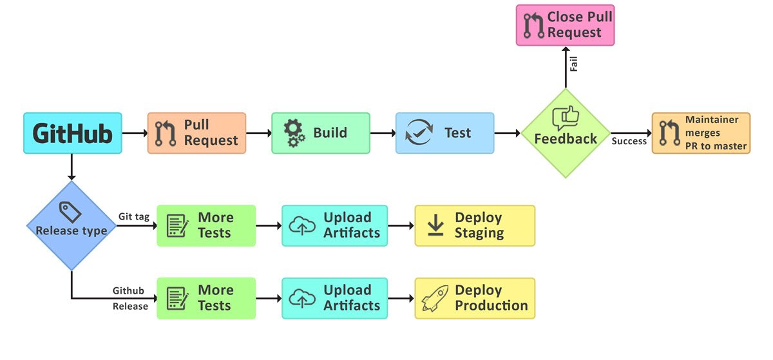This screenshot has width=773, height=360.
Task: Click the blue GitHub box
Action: (x=72, y=133)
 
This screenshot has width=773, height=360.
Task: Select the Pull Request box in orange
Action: (x=196, y=133)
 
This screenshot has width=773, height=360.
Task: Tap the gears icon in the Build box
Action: (x=294, y=133)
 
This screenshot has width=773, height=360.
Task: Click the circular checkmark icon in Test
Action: (x=419, y=133)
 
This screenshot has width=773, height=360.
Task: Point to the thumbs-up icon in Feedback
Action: (x=566, y=118)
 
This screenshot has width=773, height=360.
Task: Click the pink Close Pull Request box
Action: (x=566, y=25)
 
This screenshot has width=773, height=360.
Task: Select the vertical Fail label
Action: (x=573, y=64)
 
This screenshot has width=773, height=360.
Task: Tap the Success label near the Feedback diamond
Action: (x=629, y=141)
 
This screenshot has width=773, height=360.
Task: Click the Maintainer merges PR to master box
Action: (x=701, y=133)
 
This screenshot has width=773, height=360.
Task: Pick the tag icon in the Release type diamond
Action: (x=70, y=212)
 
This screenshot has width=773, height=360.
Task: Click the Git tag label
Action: (x=134, y=217)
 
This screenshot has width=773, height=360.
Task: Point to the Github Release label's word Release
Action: (x=130, y=306)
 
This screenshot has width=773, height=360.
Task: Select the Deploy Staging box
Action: (x=475, y=226)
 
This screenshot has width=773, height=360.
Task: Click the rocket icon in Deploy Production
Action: (x=435, y=299)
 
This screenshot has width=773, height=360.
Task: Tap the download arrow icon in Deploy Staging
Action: (x=435, y=225)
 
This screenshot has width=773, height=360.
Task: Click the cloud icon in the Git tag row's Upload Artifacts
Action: (x=302, y=226)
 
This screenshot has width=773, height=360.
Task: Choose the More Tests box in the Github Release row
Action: (x=206, y=298)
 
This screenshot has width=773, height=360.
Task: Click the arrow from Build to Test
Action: (x=383, y=133)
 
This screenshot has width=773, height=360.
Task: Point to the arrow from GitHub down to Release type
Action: (x=72, y=167)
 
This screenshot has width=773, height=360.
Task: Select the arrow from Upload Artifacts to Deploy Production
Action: (x=401, y=298)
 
